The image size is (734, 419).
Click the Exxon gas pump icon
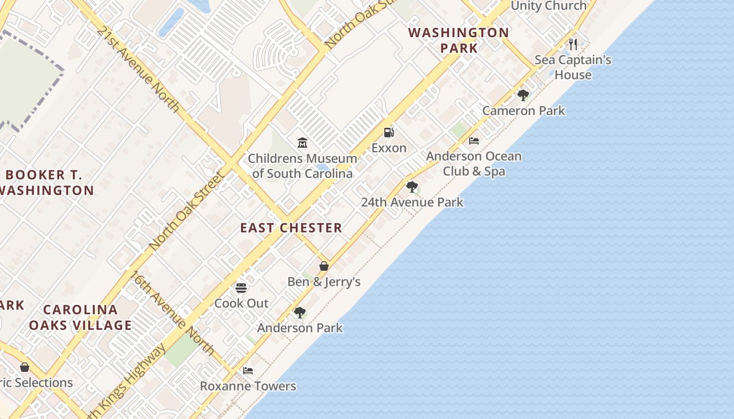point(388,133)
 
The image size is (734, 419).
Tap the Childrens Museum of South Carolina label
point(302,166)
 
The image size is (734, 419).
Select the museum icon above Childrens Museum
point(302,142)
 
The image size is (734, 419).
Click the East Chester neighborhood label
point(291,228)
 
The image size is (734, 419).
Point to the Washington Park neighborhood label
point(459,40)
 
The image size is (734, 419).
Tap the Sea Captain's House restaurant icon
point(573,44)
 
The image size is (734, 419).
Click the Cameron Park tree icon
point(523,95)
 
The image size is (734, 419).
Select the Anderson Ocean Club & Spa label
point(473,163)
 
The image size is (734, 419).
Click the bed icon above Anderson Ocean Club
point(474,141)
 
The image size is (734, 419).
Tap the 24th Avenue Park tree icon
point(412,187)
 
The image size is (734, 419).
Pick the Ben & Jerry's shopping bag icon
point(324,266)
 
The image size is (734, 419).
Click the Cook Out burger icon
point(241,288)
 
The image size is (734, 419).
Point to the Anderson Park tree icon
point(300,313)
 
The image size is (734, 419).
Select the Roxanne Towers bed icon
point(248,371)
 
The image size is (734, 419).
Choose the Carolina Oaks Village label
point(80,317)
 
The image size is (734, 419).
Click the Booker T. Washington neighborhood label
point(46,182)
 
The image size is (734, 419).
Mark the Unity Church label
point(548,6)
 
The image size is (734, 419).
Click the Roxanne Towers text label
point(248,387)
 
